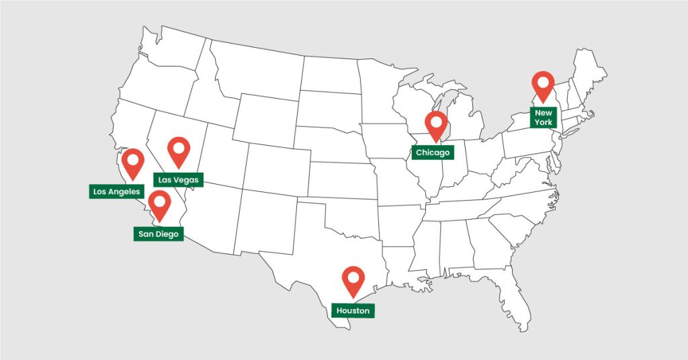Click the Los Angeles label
pyautogui.click(x=116, y=191)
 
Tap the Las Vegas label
pyautogui.click(x=178, y=180)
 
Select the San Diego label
pyautogui.click(x=158, y=234)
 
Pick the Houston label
pyautogui.click(x=353, y=311)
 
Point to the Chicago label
pyautogui.click(x=431, y=153)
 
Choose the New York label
pyautogui.click(x=543, y=118)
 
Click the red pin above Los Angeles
pyautogui.click(x=133, y=161)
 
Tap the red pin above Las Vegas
pyautogui.click(x=179, y=150)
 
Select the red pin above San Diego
pyautogui.click(x=159, y=203)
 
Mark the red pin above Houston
pyautogui.click(x=353, y=279)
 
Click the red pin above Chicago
pyautogui.click(x=437, y=124)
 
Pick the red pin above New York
pyautogui.click(x=543, y=84)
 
